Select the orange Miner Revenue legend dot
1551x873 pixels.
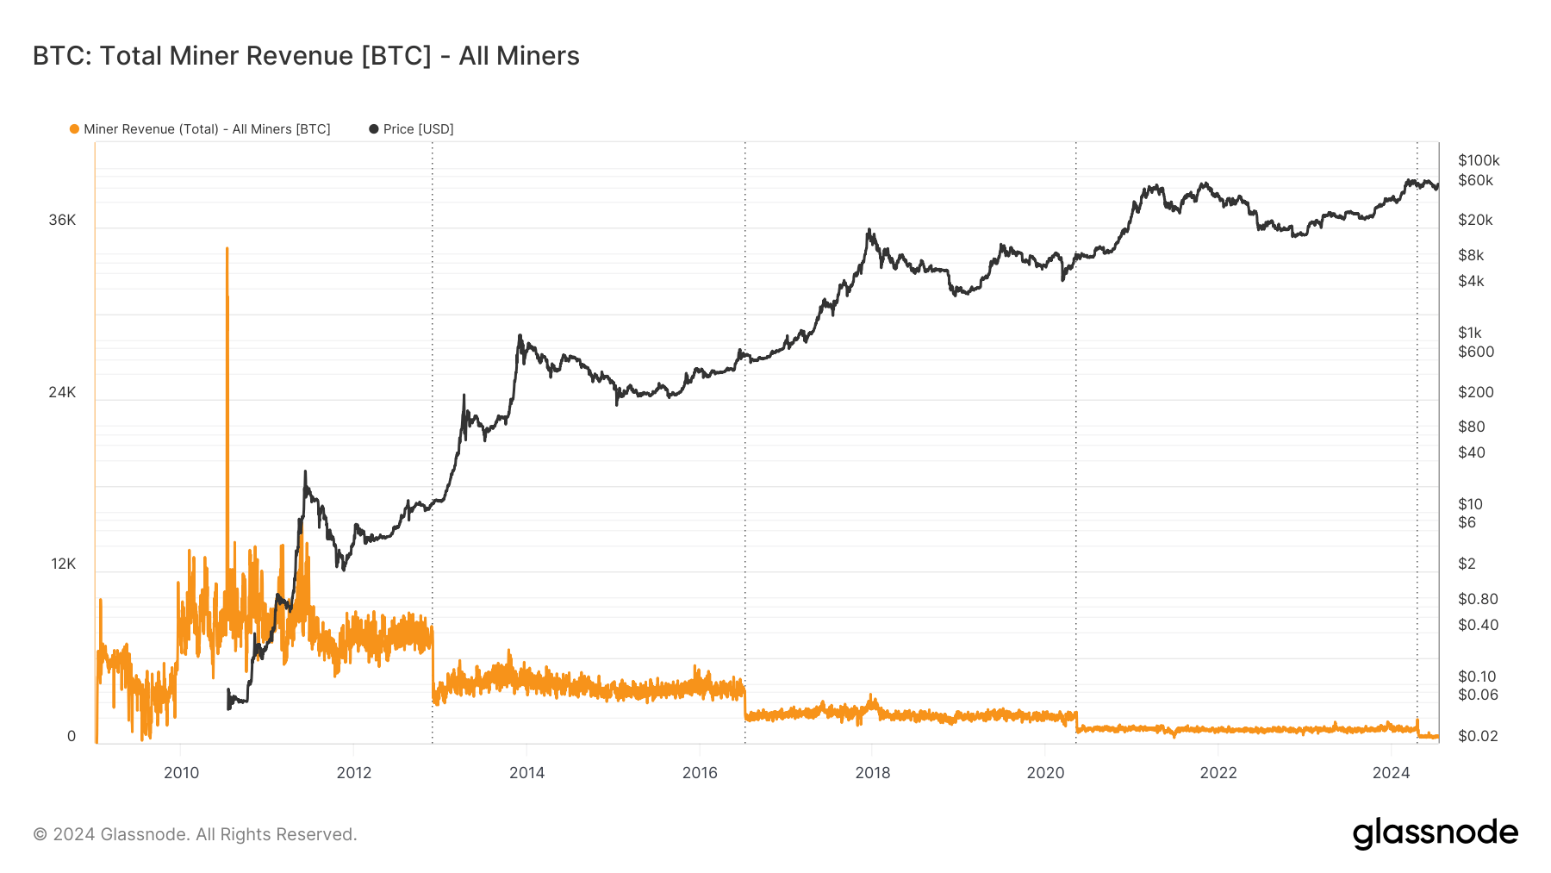click(x=74, y=129)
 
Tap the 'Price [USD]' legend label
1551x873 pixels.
click(x=418, y=129)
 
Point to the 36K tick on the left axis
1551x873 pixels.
click(x=62, y=221)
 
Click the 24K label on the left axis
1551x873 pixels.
click(x=62, y=393)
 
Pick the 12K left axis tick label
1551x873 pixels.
click(x=63, y=564)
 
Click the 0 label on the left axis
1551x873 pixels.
click(x=72, y=737)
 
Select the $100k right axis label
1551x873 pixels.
click(x=1479, y=160)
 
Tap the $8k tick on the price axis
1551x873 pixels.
click(x=1471, y=255)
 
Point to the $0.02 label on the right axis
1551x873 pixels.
click(x=1478, y=736)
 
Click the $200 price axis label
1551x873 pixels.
click(x=1475, y=392)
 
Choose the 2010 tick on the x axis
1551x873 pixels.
click(x=181, y=773)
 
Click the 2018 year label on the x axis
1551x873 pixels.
click(x=872, y=773)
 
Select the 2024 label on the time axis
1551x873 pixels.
click(x=1391, y=773)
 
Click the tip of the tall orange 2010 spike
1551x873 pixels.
click(x=227, y=249)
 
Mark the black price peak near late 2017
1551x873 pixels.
click(x=869, y=230)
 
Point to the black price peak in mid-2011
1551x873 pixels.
click(x=305, y=472)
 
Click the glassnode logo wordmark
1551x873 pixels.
click(x=1435, y=833)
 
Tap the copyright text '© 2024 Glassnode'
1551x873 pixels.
click(x=195, y=834)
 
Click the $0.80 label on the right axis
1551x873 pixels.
click(x=1478, y=599)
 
